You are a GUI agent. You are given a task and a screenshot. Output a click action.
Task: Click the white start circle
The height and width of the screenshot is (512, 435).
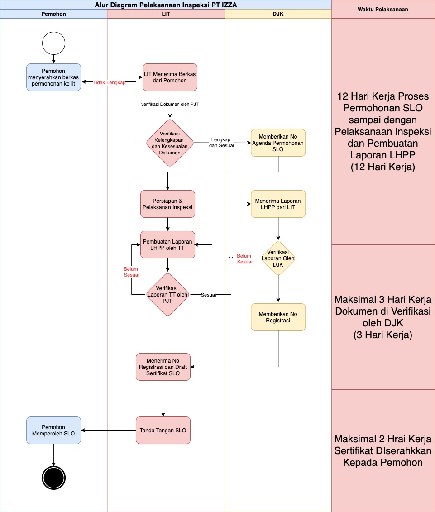54,43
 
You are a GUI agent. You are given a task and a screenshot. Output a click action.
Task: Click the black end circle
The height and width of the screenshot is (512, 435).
54,478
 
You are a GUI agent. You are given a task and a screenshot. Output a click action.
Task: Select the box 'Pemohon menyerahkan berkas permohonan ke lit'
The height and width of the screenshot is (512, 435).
53,77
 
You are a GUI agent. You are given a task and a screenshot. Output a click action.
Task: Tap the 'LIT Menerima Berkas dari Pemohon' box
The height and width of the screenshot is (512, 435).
170,77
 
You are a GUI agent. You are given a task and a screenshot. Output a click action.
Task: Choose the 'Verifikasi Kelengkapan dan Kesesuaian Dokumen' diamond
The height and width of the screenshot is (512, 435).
170,143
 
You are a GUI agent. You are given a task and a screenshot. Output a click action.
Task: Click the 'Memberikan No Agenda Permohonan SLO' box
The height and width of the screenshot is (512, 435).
278,143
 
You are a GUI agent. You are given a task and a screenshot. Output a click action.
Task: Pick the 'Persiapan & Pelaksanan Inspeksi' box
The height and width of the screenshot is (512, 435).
167,204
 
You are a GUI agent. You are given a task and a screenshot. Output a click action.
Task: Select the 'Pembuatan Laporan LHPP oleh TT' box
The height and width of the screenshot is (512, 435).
167,244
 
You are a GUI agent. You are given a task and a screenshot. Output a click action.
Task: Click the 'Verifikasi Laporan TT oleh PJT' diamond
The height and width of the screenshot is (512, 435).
167,294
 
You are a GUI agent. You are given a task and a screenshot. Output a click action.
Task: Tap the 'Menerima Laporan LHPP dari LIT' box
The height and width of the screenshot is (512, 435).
278,204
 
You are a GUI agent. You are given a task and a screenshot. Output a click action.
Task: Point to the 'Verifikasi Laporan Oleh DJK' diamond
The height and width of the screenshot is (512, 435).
278,258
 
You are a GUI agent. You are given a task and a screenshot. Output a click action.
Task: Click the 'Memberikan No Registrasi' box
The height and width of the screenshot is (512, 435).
278,317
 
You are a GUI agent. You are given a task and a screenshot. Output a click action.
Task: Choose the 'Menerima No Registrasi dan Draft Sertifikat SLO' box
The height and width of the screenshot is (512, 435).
163,367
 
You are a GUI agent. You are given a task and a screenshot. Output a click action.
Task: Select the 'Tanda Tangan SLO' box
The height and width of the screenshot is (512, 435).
163,430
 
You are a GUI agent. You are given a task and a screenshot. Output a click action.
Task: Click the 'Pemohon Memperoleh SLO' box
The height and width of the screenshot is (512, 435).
53,430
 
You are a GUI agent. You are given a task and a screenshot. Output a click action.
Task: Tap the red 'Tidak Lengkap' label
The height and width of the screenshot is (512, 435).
109,83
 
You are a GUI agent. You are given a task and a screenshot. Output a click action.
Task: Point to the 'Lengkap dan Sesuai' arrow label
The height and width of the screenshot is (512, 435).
221,143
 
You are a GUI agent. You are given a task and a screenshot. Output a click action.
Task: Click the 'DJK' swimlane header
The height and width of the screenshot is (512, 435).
278,14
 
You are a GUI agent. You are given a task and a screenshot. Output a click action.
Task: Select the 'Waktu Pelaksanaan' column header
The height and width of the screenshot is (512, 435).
383,9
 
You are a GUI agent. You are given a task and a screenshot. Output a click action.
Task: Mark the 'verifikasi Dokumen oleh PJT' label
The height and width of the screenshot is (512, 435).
170,104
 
